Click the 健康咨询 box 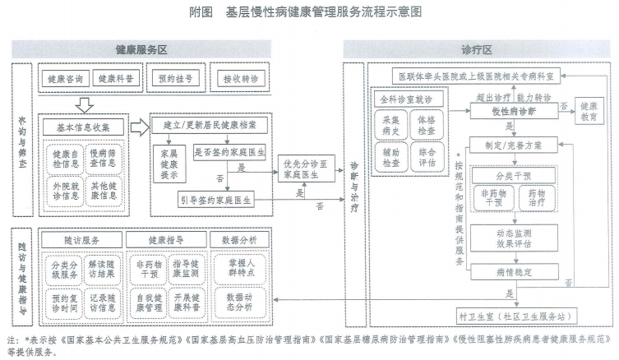tap(67, 79)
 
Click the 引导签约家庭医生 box tap(216, 199)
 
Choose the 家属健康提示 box tap(169, 163)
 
